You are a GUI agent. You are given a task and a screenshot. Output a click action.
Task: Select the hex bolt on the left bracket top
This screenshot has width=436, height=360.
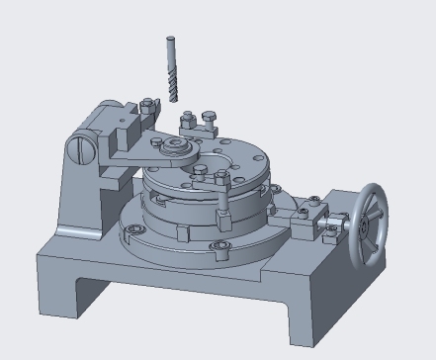click(146, 106)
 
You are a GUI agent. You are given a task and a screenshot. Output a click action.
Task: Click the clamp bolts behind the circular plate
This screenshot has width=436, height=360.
click(197, 123)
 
